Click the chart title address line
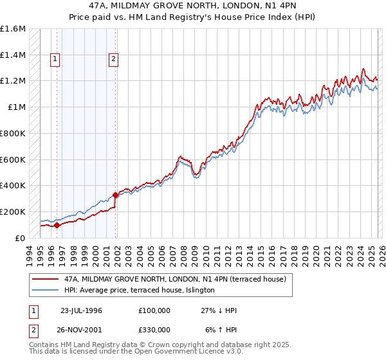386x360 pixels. pyautogui.click(x=193, y=6)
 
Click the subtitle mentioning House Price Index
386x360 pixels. pyautogui.click(x=193, y=17)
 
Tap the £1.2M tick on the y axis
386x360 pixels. pyautogui.click(x=13, y=81)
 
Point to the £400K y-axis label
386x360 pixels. pyautogui.click(x=13, y=186)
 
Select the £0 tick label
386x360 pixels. pyautogui.click(x=19, y=238)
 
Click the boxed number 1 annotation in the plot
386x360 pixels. pyautogui.click(x=55, y=60)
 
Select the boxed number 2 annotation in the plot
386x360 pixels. pyautogui.click(x=114, y=60)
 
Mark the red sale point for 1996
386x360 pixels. pyautogui.click(x=57, y=225)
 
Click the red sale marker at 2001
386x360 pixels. pyautogui.click(x=116, y=195)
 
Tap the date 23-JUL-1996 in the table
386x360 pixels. pyautogui.click(x=81, y=310)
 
